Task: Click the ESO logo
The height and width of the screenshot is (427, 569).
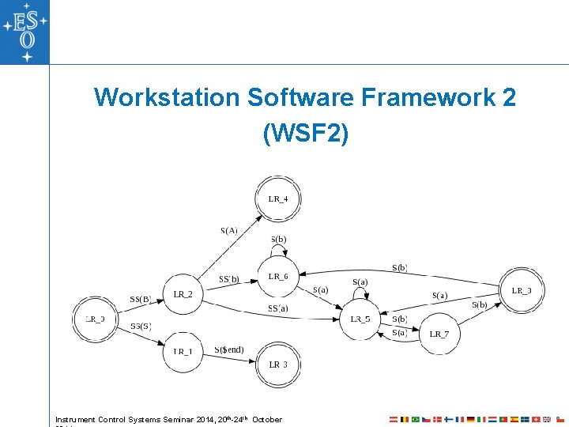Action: click(24, 32)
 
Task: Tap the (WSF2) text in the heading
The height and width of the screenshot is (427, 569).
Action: click(305, 134)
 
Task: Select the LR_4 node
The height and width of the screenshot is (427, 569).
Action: click(278, 198)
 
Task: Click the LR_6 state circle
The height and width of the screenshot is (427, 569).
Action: click(278, 277)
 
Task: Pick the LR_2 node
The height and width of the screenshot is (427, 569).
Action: click(183, 295)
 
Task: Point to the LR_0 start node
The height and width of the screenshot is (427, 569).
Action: click(95, 319)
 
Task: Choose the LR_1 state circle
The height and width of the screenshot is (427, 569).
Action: click(183, 351)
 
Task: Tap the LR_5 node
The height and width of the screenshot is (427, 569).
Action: click(360, 319)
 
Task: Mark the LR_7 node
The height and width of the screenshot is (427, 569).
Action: click(439, 334)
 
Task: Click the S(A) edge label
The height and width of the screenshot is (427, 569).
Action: click(229, 231)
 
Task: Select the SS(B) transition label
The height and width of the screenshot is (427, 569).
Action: click(141, 300)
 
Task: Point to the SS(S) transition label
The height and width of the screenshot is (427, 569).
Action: click(141, 326)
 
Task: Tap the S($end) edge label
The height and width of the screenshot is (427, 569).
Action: click(228, 350)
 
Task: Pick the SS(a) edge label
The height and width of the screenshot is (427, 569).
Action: click(278, 308)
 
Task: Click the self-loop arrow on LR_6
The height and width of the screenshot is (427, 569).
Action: click(278, 248)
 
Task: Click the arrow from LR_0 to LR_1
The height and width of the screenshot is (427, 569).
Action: click(142, 337)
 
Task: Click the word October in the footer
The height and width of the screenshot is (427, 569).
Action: click(266, 419)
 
